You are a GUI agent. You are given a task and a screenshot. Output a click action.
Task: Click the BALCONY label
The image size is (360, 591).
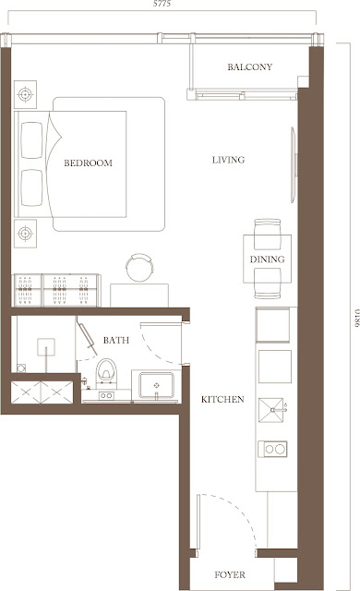click(x=249, y=67)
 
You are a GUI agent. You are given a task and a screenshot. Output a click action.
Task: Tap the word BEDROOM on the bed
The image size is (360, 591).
click(x=88, y=163)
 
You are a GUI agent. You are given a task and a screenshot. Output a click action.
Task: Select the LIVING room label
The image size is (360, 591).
click(x=228, y=160)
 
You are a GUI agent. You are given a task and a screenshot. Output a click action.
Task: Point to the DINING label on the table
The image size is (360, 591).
click(x=267, y=259)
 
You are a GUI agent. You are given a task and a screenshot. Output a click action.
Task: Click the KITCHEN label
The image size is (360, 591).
click(x=222, y=400)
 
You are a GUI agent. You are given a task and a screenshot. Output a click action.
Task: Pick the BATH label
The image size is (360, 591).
click(x=116, y=341)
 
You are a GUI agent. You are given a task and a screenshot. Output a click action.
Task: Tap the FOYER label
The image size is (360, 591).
click(x=230, y=574)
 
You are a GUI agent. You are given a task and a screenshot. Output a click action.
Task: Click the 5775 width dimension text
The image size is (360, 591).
click(x=162, y=4)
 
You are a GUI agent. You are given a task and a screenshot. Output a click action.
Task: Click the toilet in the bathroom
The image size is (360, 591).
click(x=106, y=372)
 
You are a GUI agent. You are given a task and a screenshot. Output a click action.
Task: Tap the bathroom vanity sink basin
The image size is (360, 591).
click(x=156, y=385)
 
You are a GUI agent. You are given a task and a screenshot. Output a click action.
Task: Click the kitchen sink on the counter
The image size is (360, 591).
click(x=270, y=410)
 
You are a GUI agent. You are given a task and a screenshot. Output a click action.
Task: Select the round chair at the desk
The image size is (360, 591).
click(x=139, y=267)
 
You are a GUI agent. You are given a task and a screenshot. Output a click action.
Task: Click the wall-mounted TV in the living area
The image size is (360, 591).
click(x=294, y=164)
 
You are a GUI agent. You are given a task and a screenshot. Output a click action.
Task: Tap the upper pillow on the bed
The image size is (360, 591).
click(x=31, y=140)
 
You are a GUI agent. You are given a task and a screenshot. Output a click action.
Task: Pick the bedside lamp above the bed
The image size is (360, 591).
click(x=25, y=94)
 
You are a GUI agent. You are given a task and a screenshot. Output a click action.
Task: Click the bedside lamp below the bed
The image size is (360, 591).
click(x=25, y=234)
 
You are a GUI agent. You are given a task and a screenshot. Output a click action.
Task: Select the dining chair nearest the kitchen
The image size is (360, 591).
click(x=267, y=283)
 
